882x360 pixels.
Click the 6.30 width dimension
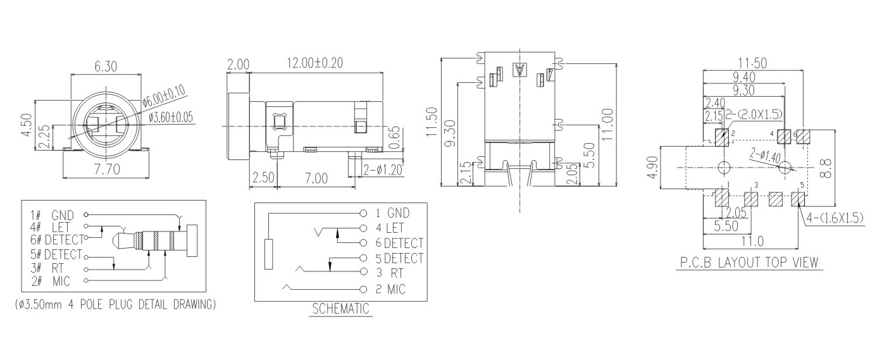[x=106, y=66]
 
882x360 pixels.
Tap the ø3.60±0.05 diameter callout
[x=171, y=117]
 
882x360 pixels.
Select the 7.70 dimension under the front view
[x=107, y=170]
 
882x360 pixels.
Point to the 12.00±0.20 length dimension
[x=314, y=63]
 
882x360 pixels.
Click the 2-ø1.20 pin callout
[x=383, y=170]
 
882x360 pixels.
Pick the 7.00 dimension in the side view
[x=316, y=178]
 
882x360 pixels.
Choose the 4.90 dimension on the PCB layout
[x=652, y=168]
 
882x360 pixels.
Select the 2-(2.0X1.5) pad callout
[x=753, y=115]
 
